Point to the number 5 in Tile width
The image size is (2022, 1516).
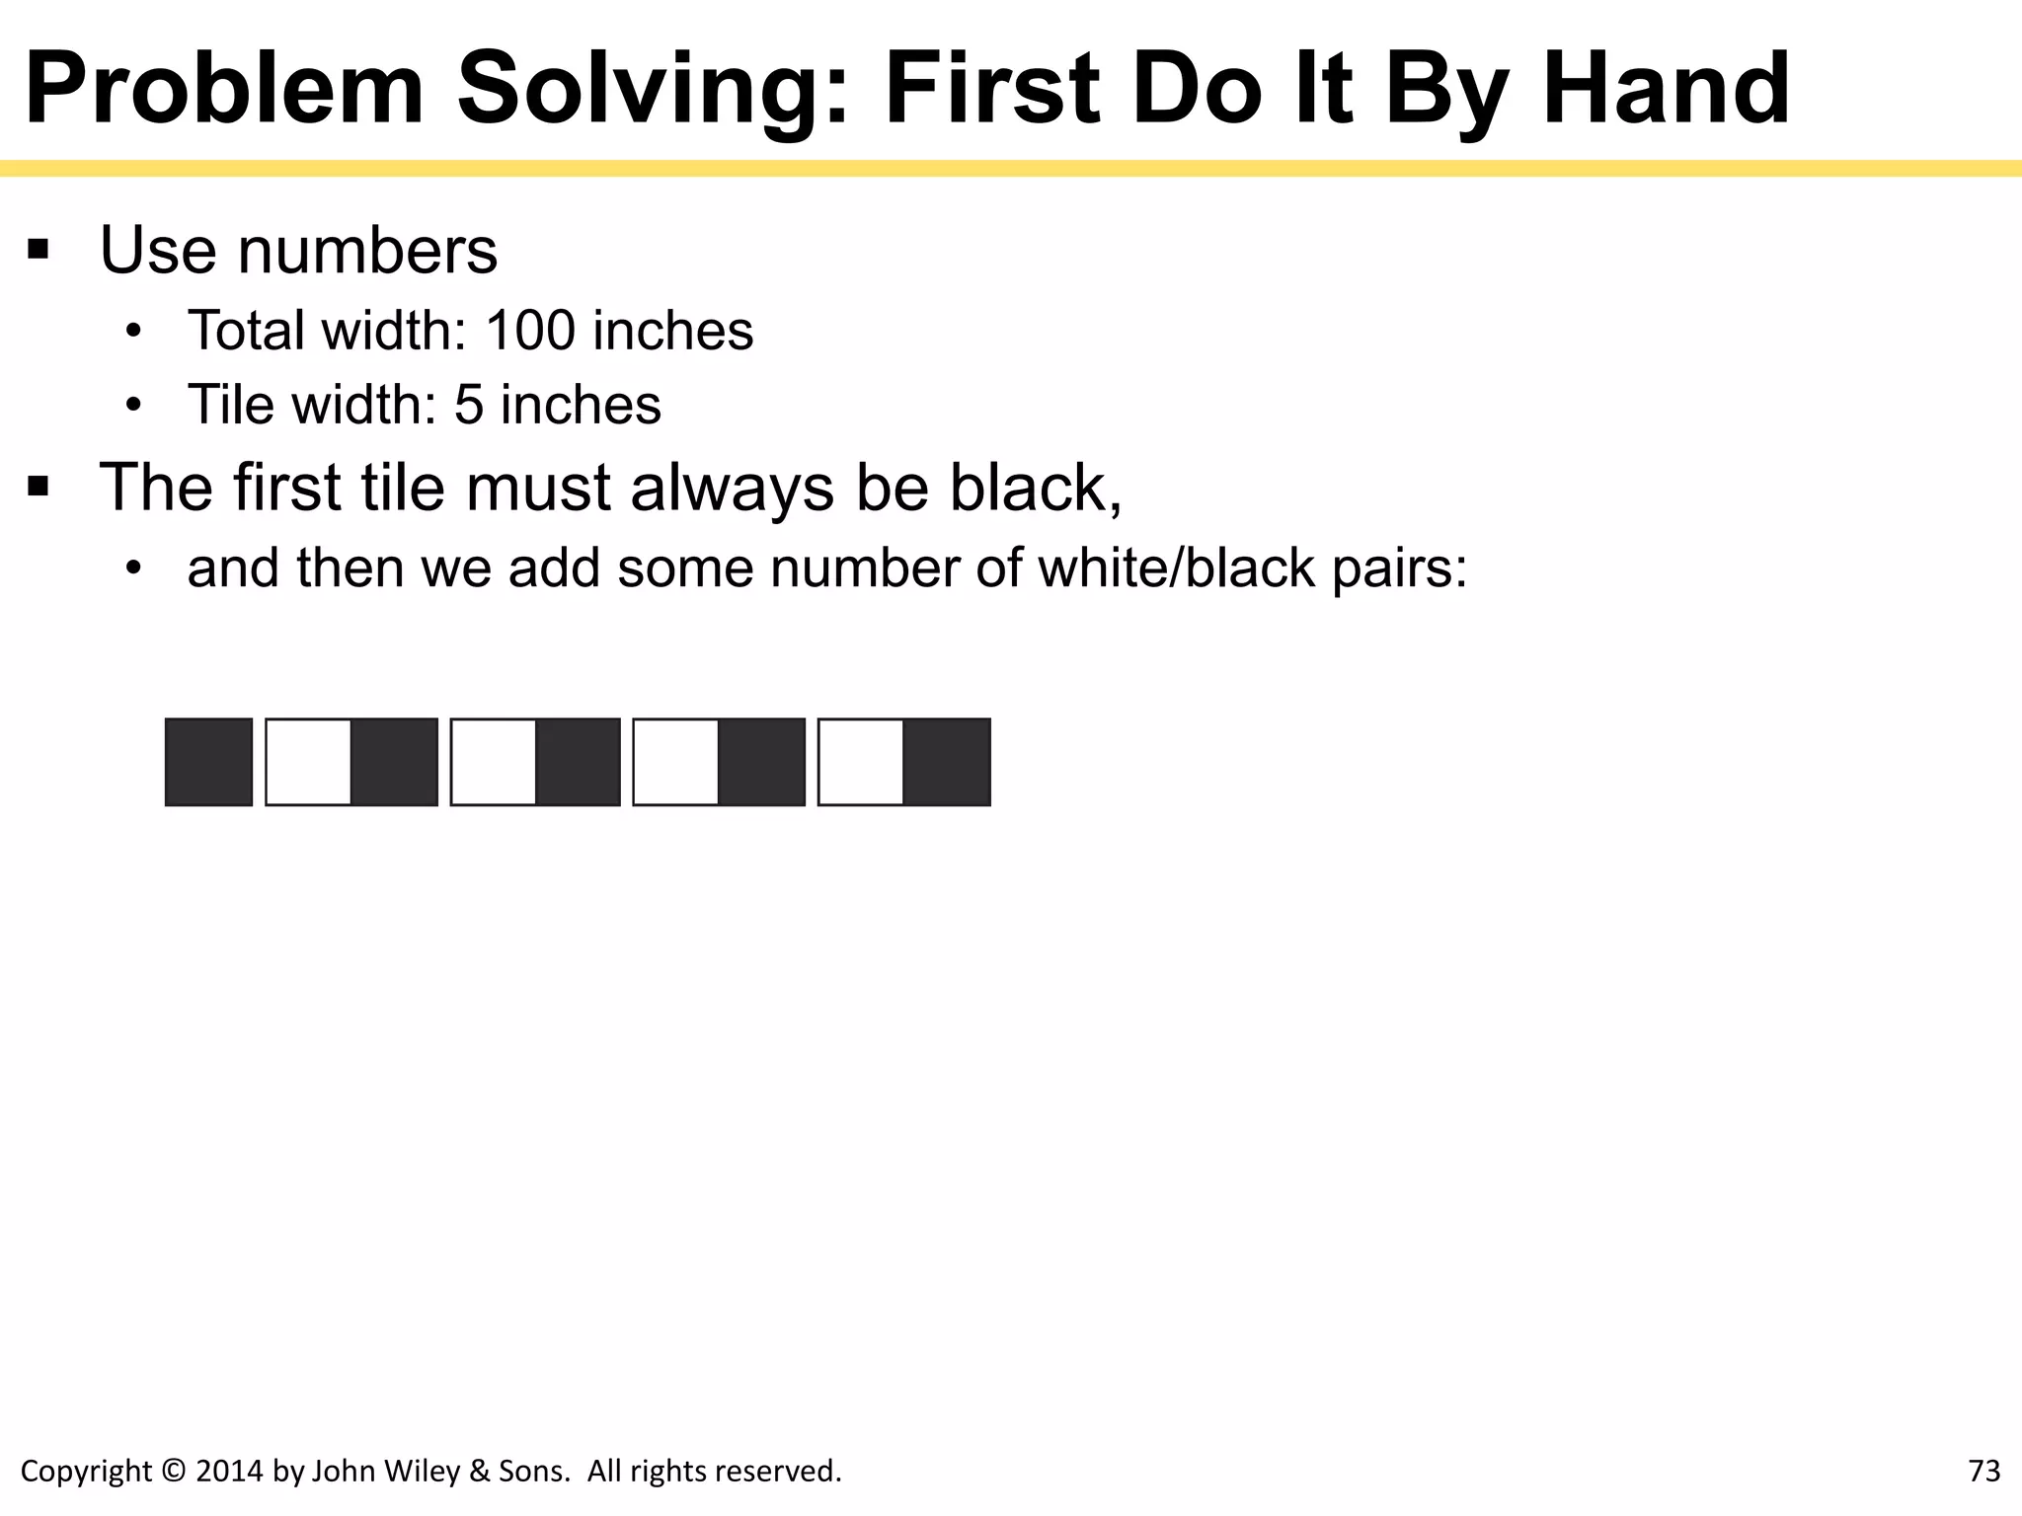tap(469, 405)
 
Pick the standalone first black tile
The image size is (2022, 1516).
tap(208, 762)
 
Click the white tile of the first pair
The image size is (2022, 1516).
tap(309, 762)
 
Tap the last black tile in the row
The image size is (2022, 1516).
tap(947, 762)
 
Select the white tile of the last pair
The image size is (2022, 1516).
tap(861, 762)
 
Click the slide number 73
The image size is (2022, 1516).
tap(1984, 1471)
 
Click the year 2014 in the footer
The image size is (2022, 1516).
tap(229, 1471)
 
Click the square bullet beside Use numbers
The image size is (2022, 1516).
tap(39, 249)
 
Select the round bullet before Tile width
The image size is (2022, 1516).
tap(134, 405)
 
